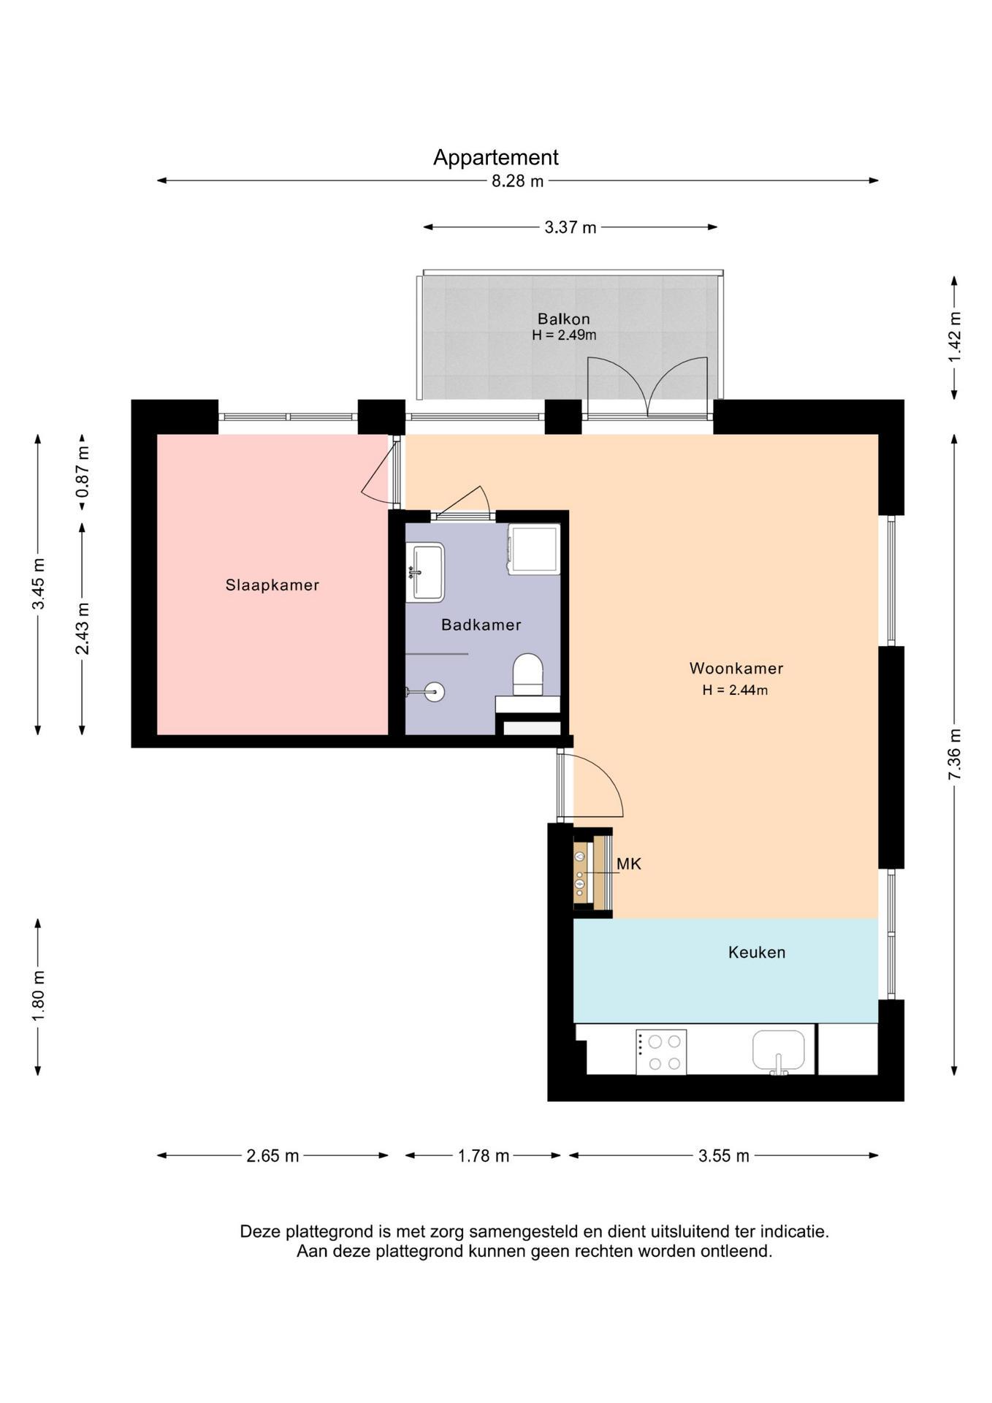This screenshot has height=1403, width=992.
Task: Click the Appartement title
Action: click(495, 158)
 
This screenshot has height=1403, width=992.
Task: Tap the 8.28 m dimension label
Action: click(517, 181)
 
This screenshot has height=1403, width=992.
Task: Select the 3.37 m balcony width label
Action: click(570, 227)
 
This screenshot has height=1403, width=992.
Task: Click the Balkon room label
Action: click(563, 319)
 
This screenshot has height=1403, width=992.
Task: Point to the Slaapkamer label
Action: click(272, 585)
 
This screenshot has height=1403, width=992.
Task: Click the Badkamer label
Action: click(481, 625)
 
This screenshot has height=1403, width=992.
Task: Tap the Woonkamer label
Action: click(736, 668)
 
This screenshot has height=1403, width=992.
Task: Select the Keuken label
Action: click(756, 952)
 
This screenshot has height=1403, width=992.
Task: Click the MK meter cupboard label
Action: click(628, 864)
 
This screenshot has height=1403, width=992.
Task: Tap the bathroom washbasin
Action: click(425, 571)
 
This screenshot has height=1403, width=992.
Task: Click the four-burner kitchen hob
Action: click(661, 1052)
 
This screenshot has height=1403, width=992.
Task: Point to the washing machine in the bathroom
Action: click(534, 549)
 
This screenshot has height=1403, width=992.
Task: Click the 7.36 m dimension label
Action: click(954, 754)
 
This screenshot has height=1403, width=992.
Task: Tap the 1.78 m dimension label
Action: click(483, 1156)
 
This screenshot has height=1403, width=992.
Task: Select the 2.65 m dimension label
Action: click(272, 1156)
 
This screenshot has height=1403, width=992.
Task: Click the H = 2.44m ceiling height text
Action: click(735, 690)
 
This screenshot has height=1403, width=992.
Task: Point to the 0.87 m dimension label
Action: click(83, 472)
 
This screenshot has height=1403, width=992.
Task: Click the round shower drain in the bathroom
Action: click(435, 691)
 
